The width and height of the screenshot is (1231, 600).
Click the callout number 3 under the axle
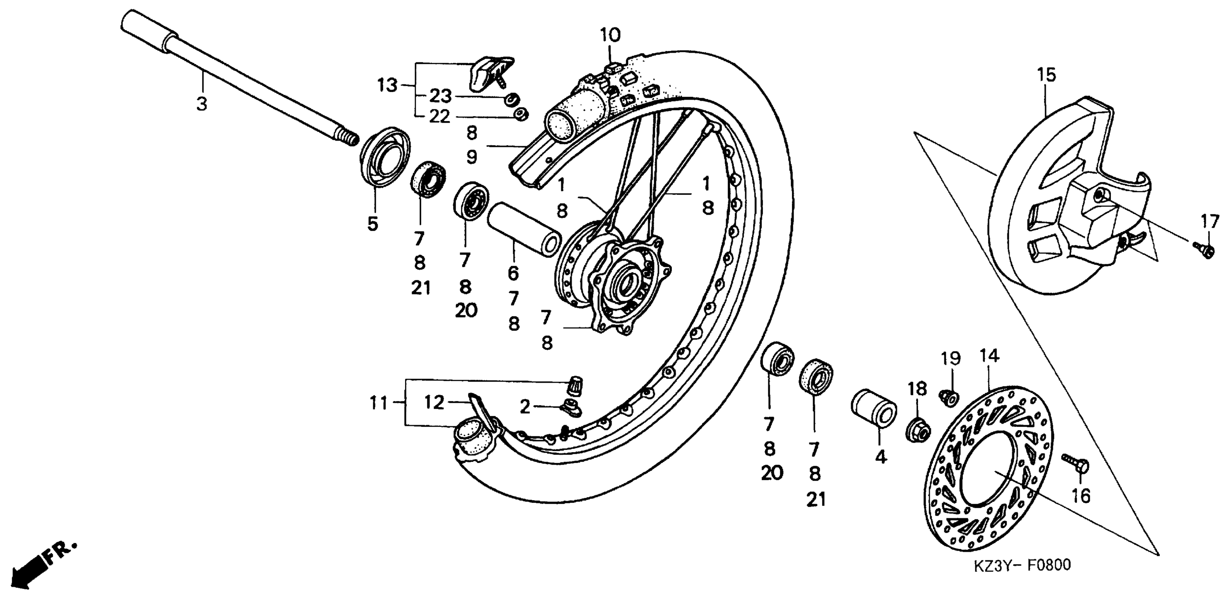pyautogui.click(x=202, y=103)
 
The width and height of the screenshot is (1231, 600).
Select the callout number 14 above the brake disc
pyautogui.click(x=989, y=356)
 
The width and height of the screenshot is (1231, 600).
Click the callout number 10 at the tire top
pyautogui.click(x=610, y=35)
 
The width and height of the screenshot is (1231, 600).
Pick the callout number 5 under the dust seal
pyautogui.click(x=373, y=223)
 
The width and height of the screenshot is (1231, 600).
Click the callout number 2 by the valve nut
pyautogui.click(x=525, y=407)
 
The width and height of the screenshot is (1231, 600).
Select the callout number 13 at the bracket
pyautogui.click(x=387, y=85)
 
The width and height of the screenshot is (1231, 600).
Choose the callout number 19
pyautogui.click(x=951, y=358)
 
